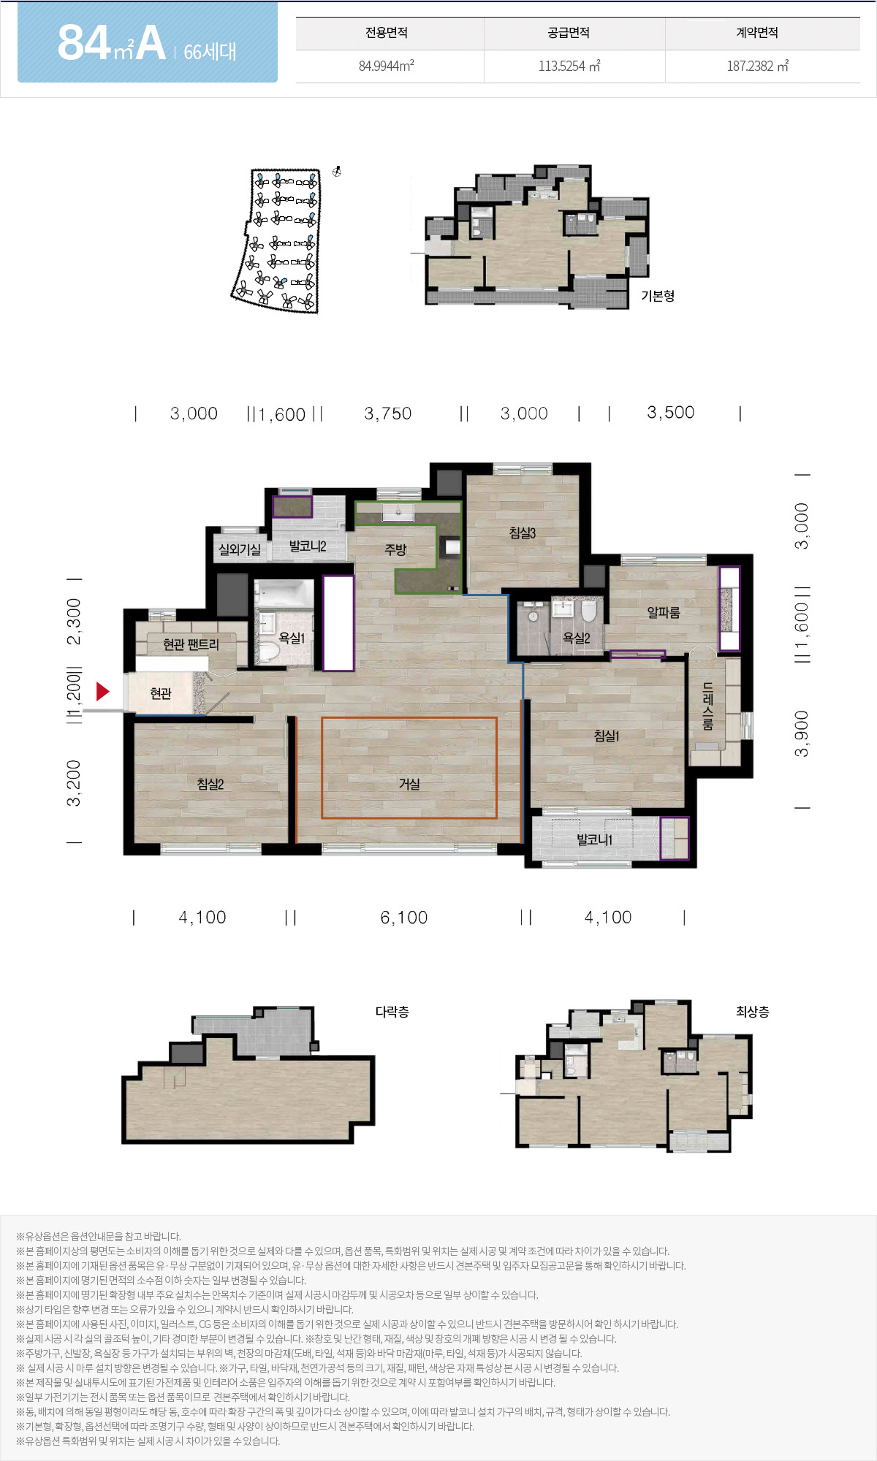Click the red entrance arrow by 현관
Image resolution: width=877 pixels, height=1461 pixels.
[x=102, y=691]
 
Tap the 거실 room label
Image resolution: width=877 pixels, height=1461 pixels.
[x=409, y=784]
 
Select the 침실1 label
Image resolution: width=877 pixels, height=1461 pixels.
[x=607, y=736]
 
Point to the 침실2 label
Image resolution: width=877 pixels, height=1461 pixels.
[x=210, y=784]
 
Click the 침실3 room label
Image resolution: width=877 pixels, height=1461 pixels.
[x=523, y=533]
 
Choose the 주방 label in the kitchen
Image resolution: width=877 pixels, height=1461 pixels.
[x=395, y=549]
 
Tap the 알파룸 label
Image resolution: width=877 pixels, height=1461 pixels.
[x=664, y=612]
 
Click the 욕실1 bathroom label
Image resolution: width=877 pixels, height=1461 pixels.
[x=292, y=638]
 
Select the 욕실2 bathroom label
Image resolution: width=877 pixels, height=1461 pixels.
[x=576, y=638]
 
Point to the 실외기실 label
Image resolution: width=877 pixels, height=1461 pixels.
[x=240, y=549]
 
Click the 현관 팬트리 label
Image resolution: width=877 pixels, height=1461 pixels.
[x=191, y=644]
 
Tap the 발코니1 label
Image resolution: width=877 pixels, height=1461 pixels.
[x=594, y=840]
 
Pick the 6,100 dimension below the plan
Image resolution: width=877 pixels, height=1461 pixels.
[x=404, y=918]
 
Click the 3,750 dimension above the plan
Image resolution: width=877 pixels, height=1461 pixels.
[x=388, y=413]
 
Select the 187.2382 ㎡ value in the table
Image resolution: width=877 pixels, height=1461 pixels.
[x=758, y=66]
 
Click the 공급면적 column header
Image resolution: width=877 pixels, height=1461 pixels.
[x=569, y=33]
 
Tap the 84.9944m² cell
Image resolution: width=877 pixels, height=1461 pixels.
[x=387, y=66]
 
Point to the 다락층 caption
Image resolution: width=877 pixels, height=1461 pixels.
[x=392, y=1012]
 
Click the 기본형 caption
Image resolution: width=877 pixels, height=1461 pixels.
[x=658, y=296]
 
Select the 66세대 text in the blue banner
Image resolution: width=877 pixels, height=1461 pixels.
[x=210, y=52]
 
